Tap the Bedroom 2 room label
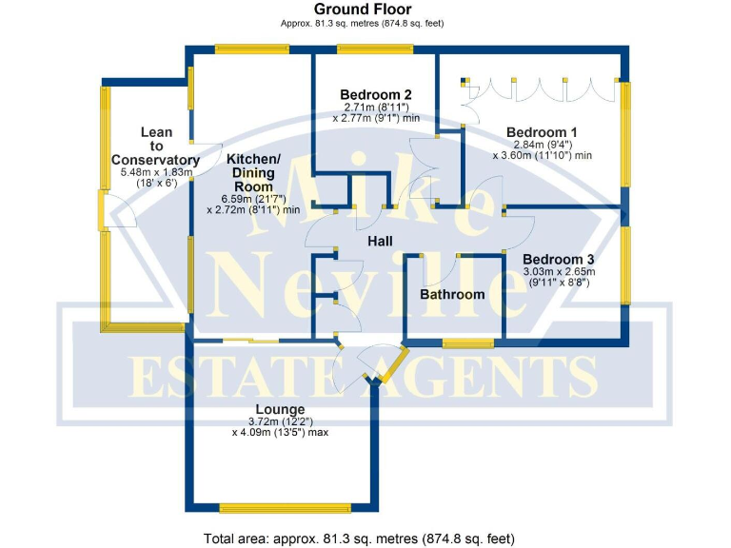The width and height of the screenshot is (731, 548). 376,94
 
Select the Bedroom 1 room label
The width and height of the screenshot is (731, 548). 542,131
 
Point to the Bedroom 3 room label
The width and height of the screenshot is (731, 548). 558,259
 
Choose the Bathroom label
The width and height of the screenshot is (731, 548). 452,295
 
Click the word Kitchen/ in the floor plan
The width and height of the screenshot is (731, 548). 253,158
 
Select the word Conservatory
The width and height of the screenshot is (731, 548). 155,159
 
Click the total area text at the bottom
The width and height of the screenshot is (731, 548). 359,538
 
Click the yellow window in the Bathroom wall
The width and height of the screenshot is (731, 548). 467,342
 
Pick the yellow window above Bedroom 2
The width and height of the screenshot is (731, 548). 377,49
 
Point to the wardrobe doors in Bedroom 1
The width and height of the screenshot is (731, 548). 540,90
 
